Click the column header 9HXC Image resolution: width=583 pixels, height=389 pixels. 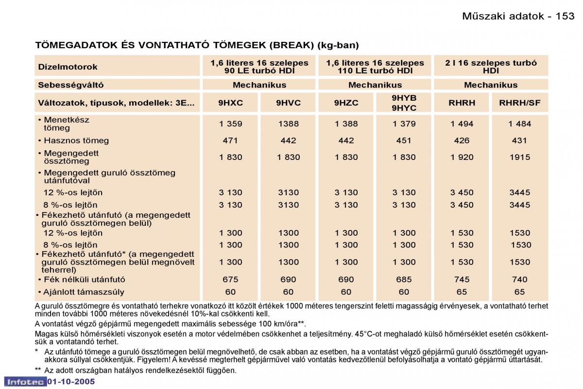pyautogui.click(x=230, y=103)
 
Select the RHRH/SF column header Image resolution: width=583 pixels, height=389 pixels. pyautogui.click(x=519, y=103)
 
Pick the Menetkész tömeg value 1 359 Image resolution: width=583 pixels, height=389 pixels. pyautogui.click(x=230, y=124)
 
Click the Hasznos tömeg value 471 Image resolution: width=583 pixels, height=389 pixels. pyautogui.click(x=230, y=141)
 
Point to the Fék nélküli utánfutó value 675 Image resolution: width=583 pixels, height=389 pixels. pyautogui.click(x=230, y=280)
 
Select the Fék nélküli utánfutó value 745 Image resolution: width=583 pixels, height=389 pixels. pyautogui.click(x=462, y=280)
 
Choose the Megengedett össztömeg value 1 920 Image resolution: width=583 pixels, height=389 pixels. pyautogui.click(x=462, y=157)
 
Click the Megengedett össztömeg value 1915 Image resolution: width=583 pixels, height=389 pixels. pyautogui.click(x=520, y=157)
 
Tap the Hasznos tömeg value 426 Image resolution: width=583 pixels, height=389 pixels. pyautogui.click(x=462, y=141)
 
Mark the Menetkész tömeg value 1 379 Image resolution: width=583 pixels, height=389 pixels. pyautogui.click(x=404, y=124)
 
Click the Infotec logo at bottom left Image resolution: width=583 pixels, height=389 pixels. pyautogui.click(x=25, y=382)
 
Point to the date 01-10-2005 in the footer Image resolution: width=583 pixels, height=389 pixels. pyautogui.click(x=71, y=382)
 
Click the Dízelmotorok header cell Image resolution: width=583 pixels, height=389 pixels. pyautogui.click(x=68, y=67)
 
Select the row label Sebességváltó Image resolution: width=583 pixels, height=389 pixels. pyautogui.click(x=71, y=85)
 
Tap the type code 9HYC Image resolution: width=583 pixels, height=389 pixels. pyautogui.click(x=404, y=108)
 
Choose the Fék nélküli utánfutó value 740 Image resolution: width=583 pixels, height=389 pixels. pyautogui.click(x=520, y=280)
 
